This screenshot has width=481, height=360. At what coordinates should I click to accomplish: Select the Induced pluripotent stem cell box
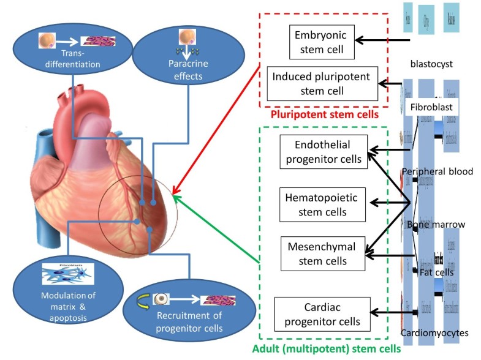tap(322, 84)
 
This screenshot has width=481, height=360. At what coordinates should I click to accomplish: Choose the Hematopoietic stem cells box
tap(323, 205)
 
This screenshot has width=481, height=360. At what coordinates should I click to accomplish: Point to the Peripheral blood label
tap(437, 171)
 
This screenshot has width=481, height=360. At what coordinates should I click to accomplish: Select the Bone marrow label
tap(436, 225)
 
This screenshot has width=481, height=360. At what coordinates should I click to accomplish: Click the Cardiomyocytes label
tap(434, 333)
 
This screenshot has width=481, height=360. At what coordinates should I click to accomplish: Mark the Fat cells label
tap(436, 271)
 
